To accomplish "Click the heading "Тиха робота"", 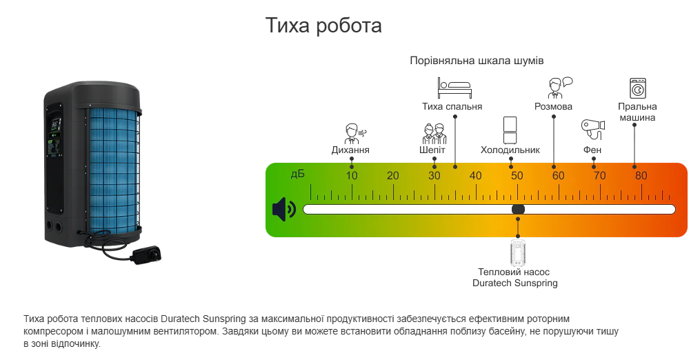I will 323,26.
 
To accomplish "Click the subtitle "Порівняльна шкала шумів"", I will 477,61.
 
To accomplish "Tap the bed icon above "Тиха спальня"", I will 452,88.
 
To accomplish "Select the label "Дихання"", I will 350,150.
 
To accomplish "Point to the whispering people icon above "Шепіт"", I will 434,132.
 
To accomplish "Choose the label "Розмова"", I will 553,107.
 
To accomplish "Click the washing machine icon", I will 637,89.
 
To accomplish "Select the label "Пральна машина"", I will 637,112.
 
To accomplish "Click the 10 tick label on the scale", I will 352,176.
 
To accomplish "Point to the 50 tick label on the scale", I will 517,176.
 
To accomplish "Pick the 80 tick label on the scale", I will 641,176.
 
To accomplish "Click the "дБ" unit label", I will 297,174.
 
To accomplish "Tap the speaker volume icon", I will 283,209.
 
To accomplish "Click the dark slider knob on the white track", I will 518,209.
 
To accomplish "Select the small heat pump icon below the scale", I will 518,253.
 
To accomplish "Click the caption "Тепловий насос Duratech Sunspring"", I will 515,277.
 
